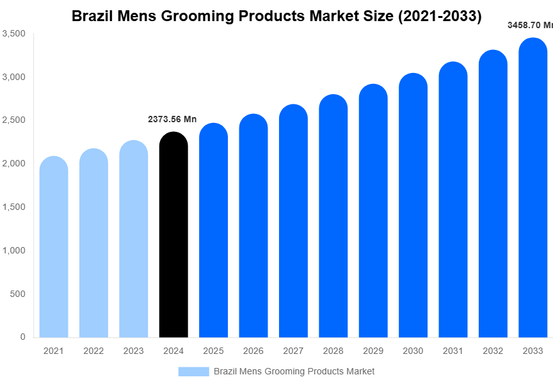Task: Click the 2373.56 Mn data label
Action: point(172,119)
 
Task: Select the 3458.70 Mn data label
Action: point(529,26)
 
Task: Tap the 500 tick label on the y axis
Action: point(17,294)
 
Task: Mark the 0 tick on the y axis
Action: point(22,337)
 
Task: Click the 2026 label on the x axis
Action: point(253,351)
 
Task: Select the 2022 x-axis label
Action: point(93,351)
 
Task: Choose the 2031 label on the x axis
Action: point(453,351)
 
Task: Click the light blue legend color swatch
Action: point(193,371)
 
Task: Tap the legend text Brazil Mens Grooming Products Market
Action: point(294,371)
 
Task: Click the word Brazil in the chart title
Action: point(92,16)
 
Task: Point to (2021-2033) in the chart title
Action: point(440,16)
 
